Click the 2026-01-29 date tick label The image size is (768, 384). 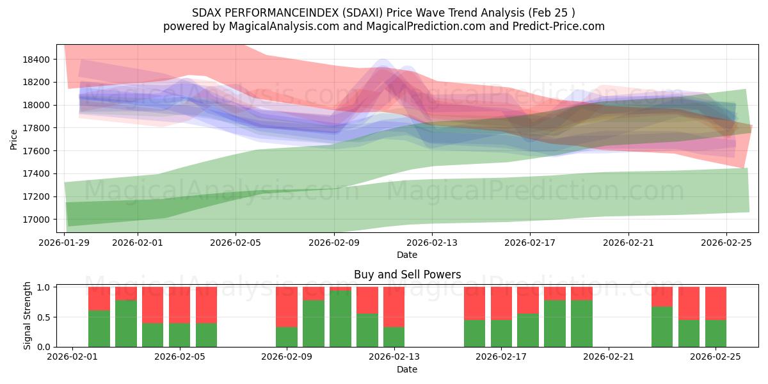click(x=65, y=243)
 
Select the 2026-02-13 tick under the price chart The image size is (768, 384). click(x=432, y=243)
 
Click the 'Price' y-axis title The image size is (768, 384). click(x=14, y=138)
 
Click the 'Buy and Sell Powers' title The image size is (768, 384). click(x=407, y=275)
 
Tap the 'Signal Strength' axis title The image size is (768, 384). click(x=27, y=316)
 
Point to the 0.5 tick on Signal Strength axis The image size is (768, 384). click(x=44, y=317)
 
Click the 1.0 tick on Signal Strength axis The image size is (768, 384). click(x=44, y=287)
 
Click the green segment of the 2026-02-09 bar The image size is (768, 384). click(x=287, y=337)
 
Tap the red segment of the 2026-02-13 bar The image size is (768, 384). click(x=394, y=307)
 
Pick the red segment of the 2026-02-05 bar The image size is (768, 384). click(x=180, y=305)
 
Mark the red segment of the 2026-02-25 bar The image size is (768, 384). click(x=716, y=303)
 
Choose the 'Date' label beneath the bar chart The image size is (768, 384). click(x=407, y=369)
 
